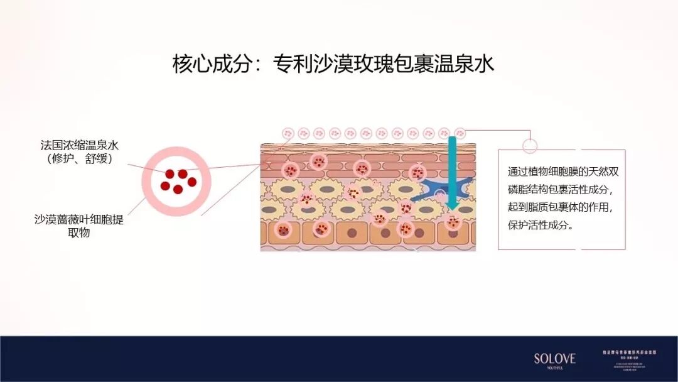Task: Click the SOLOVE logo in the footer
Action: (554, 359)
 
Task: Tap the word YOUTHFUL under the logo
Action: (554, 368)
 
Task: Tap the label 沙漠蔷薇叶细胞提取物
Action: (79, 226)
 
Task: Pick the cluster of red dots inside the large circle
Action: (176, 181)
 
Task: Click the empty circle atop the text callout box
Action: (530, 145)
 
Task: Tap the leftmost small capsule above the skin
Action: (288, 133)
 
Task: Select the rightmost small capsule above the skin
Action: (460, 133)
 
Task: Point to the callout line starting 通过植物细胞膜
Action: (562, 171)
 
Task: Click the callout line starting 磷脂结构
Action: (562, 189)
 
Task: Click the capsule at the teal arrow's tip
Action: (453, 221)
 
